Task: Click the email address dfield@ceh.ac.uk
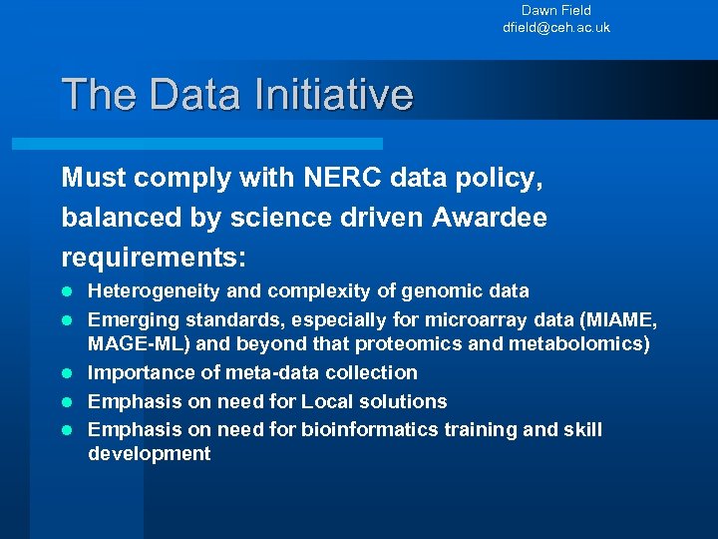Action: [555, 28]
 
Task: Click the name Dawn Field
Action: [555, 11]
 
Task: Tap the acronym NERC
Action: [328, 178]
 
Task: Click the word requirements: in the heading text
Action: [154, 258]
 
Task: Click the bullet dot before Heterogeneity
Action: [67, 291]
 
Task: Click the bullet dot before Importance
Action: [67, 373]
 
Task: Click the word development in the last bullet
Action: [150, 454]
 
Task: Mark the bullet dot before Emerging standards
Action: [67, 319]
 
